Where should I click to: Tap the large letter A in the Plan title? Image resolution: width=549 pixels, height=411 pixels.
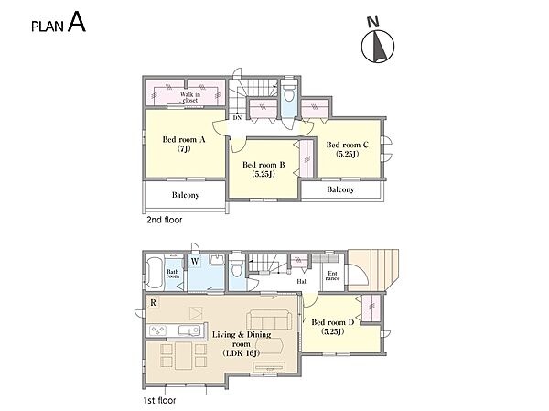tap(77, 22)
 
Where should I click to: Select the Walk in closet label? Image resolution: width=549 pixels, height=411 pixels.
tap(190, 97)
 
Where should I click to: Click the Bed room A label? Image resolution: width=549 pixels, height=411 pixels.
tap(184, 144)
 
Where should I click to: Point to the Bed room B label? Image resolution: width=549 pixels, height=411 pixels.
tap(264, 169)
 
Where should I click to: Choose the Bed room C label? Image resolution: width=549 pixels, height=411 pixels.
tap(348, 149)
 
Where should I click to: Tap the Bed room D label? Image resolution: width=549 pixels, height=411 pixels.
tap(333, 327)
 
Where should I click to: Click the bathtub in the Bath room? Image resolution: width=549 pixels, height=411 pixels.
tap(155, 273)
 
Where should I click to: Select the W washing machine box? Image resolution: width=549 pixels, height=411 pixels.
tap(195, 261)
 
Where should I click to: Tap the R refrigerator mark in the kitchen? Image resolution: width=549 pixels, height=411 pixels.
tap(153, 302)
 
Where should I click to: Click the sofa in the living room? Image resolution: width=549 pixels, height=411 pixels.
tap(268, 319)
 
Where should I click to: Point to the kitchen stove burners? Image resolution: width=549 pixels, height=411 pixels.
tap(157, 330)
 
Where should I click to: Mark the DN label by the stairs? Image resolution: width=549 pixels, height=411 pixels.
tap(237, 118)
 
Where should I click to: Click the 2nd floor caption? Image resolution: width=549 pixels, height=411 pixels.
tap(164, 220)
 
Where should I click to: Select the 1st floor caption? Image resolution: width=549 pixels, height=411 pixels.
tap(159, 400)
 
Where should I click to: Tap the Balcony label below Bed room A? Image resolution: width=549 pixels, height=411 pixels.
tap(186, 195)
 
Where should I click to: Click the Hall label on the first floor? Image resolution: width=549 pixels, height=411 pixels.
tap(302, 281)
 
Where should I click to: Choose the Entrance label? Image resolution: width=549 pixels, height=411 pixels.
tap(333, 276)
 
